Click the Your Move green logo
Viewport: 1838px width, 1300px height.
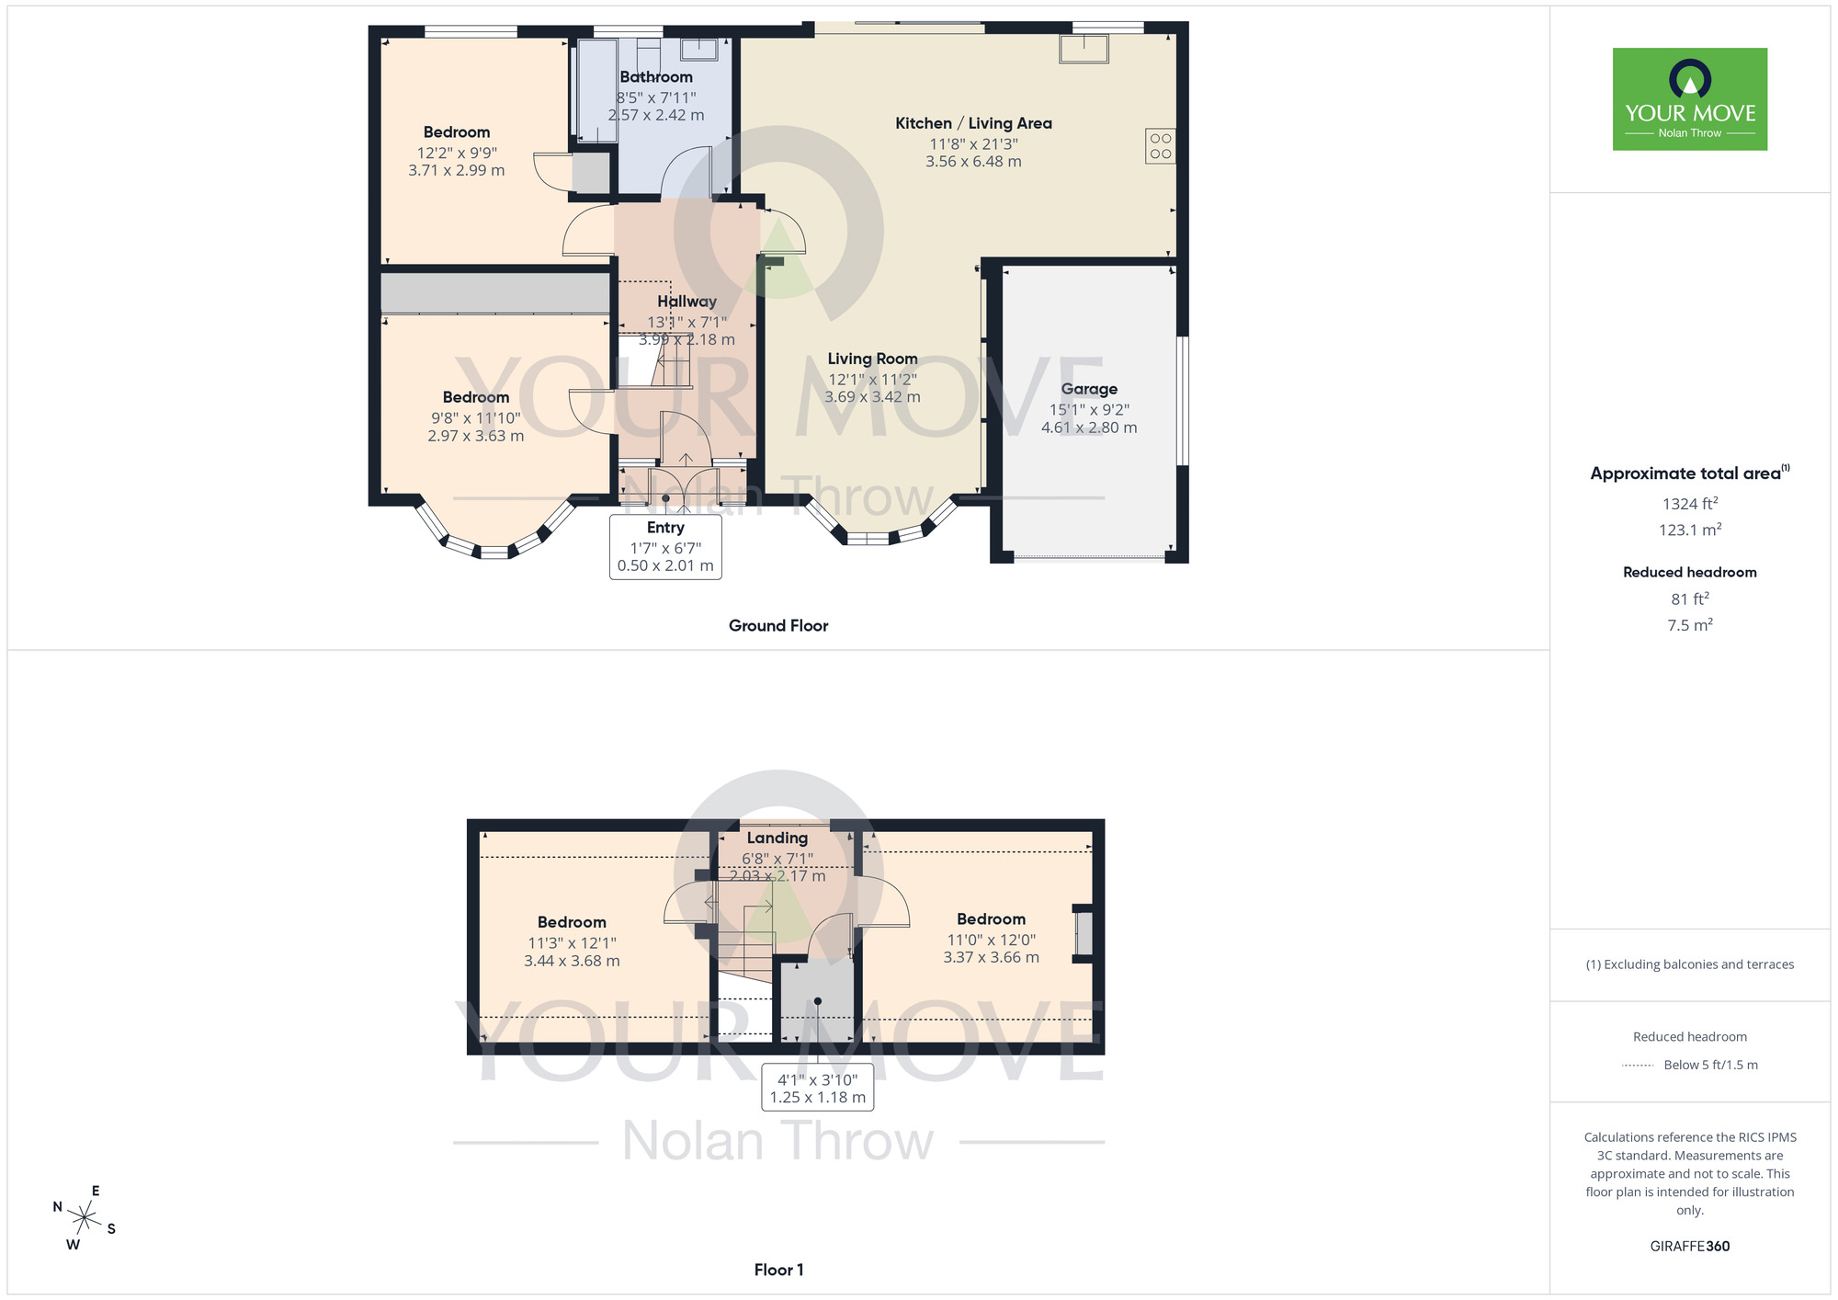point(1689,99)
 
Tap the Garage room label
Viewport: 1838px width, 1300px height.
point(1089,389)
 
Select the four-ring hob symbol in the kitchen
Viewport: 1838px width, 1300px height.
point(1160,146)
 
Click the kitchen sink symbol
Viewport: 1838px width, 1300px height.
point(1084,48)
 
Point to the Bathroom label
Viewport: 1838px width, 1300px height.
point(656,77)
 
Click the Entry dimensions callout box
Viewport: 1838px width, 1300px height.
point(665,547)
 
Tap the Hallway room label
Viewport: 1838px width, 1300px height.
point(686,302)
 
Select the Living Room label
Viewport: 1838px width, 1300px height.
point(872,359)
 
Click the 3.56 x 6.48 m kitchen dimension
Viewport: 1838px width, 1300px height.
point(973,162)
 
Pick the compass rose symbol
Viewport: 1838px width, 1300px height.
point(84,1218)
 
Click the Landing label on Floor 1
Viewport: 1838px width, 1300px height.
point(777,838)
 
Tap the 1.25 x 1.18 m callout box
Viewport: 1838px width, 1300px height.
point(817,1089)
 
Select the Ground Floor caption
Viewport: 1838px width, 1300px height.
point(778,625)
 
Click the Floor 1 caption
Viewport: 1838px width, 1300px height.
point(778,1270)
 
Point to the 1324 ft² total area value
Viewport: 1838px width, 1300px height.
point(1689,504)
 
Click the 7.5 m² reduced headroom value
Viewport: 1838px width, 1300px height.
point(1689,625)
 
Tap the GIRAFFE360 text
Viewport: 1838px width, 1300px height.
point(1689,1247)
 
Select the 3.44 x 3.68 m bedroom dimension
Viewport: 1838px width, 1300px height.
point(572,961)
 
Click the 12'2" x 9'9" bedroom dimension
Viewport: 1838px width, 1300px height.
point(456,153)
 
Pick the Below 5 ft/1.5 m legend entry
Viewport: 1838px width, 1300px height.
point(1709,1065)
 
